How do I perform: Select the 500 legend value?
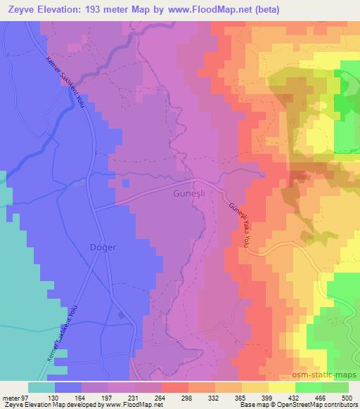(x=349, y=398)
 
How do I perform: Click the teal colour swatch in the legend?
(x=41, y=387)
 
